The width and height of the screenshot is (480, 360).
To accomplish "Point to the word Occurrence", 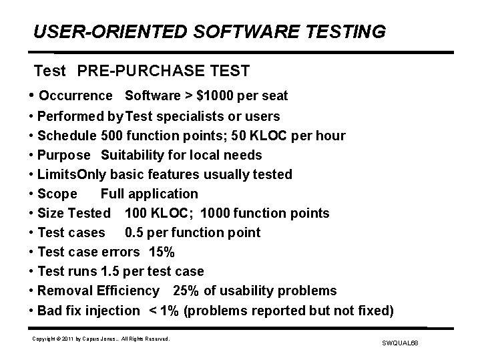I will tap(75, 96).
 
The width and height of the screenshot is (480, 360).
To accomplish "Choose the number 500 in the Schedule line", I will tap(112, 136).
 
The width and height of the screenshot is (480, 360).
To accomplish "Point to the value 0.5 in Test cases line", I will tap(136, 232).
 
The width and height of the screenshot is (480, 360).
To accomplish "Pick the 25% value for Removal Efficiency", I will tap(186, 291).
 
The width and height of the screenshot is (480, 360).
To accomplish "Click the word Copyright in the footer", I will tap(43, 339).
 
